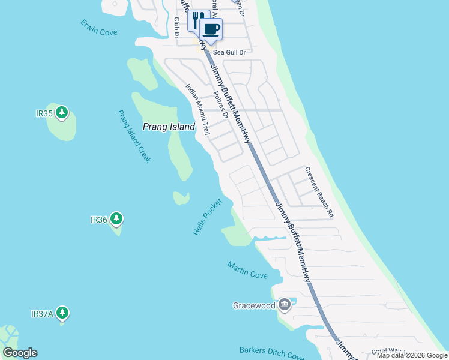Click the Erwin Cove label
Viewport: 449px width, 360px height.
pos(100,28)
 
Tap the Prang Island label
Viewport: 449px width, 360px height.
pos(169,127)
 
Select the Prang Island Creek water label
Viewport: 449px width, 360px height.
pos(134,136)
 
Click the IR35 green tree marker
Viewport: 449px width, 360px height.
pos(61,112)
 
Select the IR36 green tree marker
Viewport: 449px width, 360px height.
pos(116,218)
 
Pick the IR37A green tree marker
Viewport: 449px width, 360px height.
pos(62,313)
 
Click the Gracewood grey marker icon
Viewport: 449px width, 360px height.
pos(285,305)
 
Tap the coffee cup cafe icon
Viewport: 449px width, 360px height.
pos(211,28)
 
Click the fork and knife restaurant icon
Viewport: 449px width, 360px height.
pos(197,20)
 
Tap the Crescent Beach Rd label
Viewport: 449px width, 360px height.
pos(319,192)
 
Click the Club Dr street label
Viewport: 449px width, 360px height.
pos(177,27)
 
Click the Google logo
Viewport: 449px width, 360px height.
pos(20,353)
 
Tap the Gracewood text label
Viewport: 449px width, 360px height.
pos(255,306)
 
